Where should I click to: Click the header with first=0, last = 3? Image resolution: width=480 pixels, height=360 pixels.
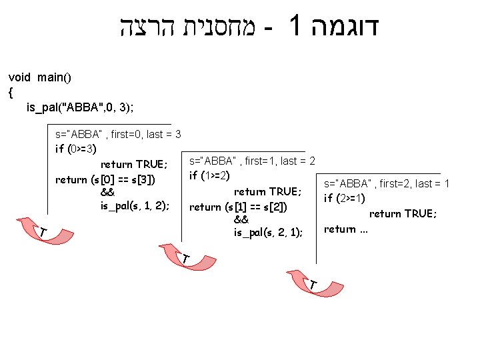click(118, 134)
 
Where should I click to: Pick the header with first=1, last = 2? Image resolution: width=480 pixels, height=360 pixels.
click(252, 161)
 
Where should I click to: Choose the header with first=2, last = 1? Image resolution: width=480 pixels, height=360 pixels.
click(387, 183)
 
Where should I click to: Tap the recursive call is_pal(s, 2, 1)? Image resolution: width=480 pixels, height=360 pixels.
click(267, 232)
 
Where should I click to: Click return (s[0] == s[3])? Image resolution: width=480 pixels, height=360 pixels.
click(106, 179)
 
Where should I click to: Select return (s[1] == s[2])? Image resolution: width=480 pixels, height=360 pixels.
click(238, 207)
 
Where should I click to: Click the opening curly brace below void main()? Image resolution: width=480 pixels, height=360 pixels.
click(11, 92)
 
